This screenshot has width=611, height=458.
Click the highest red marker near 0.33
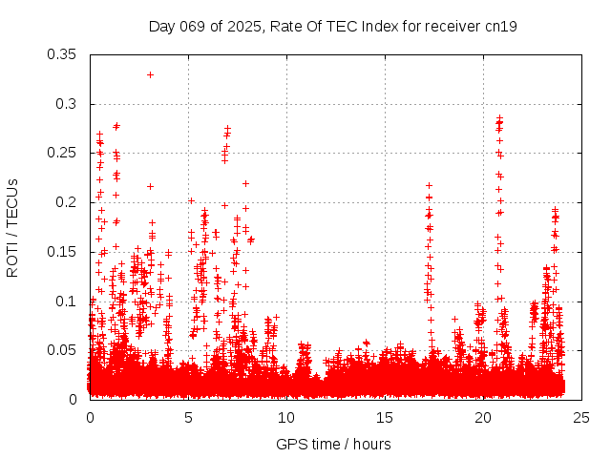[x=150, y=74]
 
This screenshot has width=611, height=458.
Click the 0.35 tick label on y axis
[x=62, y=54]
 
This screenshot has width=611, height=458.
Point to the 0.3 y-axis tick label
[x=66, y=104]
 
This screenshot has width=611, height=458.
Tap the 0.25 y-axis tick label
[x=62, y=153]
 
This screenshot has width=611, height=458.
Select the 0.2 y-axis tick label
[x=66, y=202]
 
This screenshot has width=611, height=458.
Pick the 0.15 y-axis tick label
[x=62, y=252]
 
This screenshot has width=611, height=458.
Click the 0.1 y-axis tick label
[x=66, y=302]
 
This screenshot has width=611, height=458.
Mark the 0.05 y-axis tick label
[x=62, y=350]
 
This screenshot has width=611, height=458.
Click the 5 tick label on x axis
[x=188, y=418]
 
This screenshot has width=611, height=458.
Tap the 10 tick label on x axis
[x=286, y=418]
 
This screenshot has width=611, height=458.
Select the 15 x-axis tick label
[x=385, y=418]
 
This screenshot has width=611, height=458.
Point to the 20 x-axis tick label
[x=483, y=418]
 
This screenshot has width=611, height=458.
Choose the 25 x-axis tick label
[x=581, y=418]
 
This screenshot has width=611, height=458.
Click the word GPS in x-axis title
[x=290, y=444]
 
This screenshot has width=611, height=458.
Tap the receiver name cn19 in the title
[x=501, y=27]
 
